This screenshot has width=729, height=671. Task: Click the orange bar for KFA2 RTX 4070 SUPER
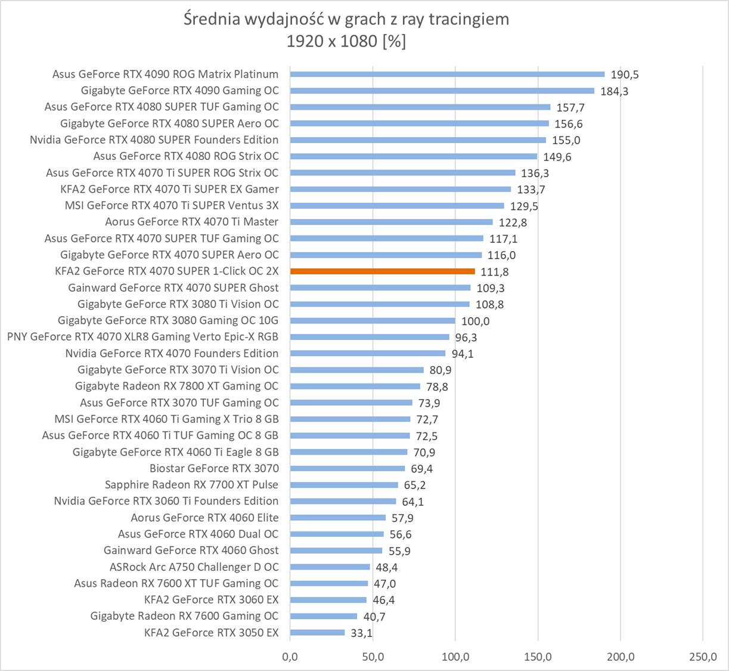(x=382, y=271)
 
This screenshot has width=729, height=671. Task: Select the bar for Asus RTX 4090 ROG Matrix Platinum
(x=447, y=75)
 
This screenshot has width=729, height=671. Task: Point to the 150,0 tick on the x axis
(x=538, y=657)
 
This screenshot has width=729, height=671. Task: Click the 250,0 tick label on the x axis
(x=703, y=657)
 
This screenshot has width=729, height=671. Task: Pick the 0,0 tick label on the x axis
(x=290, y=657)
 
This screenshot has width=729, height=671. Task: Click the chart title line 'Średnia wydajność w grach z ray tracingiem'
(x=346, y=19)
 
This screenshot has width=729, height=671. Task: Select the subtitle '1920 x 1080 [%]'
(x=346, y=41)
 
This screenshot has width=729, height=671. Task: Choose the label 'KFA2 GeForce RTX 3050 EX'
(x=211, y=633)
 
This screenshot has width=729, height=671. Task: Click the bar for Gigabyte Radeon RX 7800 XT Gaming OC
(x=355, y=386)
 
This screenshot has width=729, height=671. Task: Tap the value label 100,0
(x=475, y=321)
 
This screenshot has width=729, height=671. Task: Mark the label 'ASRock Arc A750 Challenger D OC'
(x=194, y=567)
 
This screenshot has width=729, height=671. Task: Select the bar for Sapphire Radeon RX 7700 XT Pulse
(x=344, y=485)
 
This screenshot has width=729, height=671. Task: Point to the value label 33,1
(x=361, y=633)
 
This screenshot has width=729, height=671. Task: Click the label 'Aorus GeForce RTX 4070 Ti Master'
(x=191, y=222)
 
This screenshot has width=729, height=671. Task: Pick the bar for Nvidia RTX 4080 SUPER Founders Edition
(x=418, y=140)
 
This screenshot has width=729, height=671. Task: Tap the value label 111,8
(x=495, y=272)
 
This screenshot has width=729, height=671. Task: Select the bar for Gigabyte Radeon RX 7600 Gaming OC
(x=324, y=616)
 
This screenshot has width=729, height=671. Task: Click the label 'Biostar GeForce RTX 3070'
(x=214, y=469)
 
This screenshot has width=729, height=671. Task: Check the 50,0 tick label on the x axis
(x=373, y=657)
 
